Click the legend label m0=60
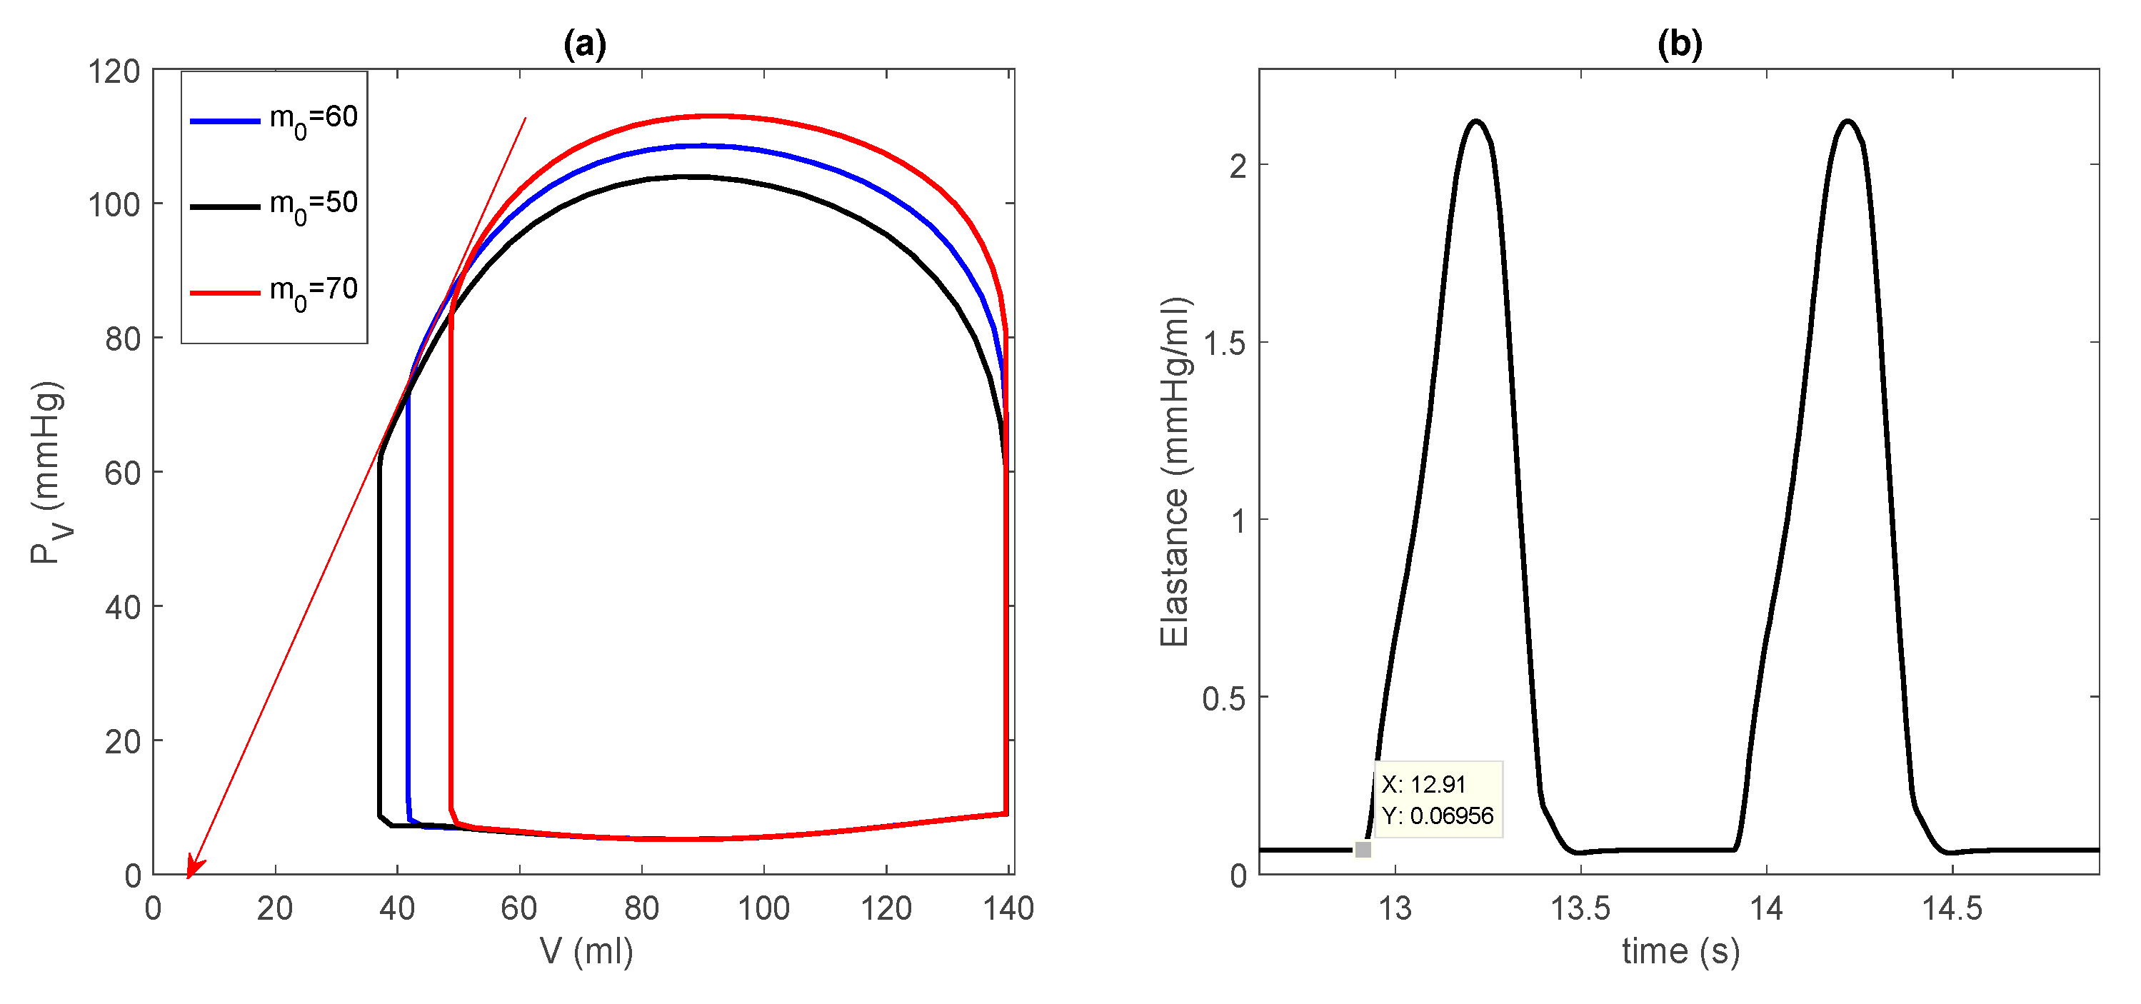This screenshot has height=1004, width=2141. click(314, 119)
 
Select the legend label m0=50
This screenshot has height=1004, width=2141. click(314, 204)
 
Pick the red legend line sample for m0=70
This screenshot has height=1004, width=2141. click(225, 293)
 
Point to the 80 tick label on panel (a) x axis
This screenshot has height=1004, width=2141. click(641, 908)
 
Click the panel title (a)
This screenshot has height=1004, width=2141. click(584, 44)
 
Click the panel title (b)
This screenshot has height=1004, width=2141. click(1679, 44)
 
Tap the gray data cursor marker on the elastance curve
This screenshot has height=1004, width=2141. click(1363, 850)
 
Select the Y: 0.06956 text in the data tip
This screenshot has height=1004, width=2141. click(1437, 815)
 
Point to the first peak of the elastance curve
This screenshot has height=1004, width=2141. click(1476, 121)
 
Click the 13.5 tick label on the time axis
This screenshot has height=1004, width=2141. click(1580, 908)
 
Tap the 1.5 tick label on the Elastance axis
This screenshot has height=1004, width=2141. click(1224, 343)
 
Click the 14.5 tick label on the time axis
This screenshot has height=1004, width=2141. click(1952, 908)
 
